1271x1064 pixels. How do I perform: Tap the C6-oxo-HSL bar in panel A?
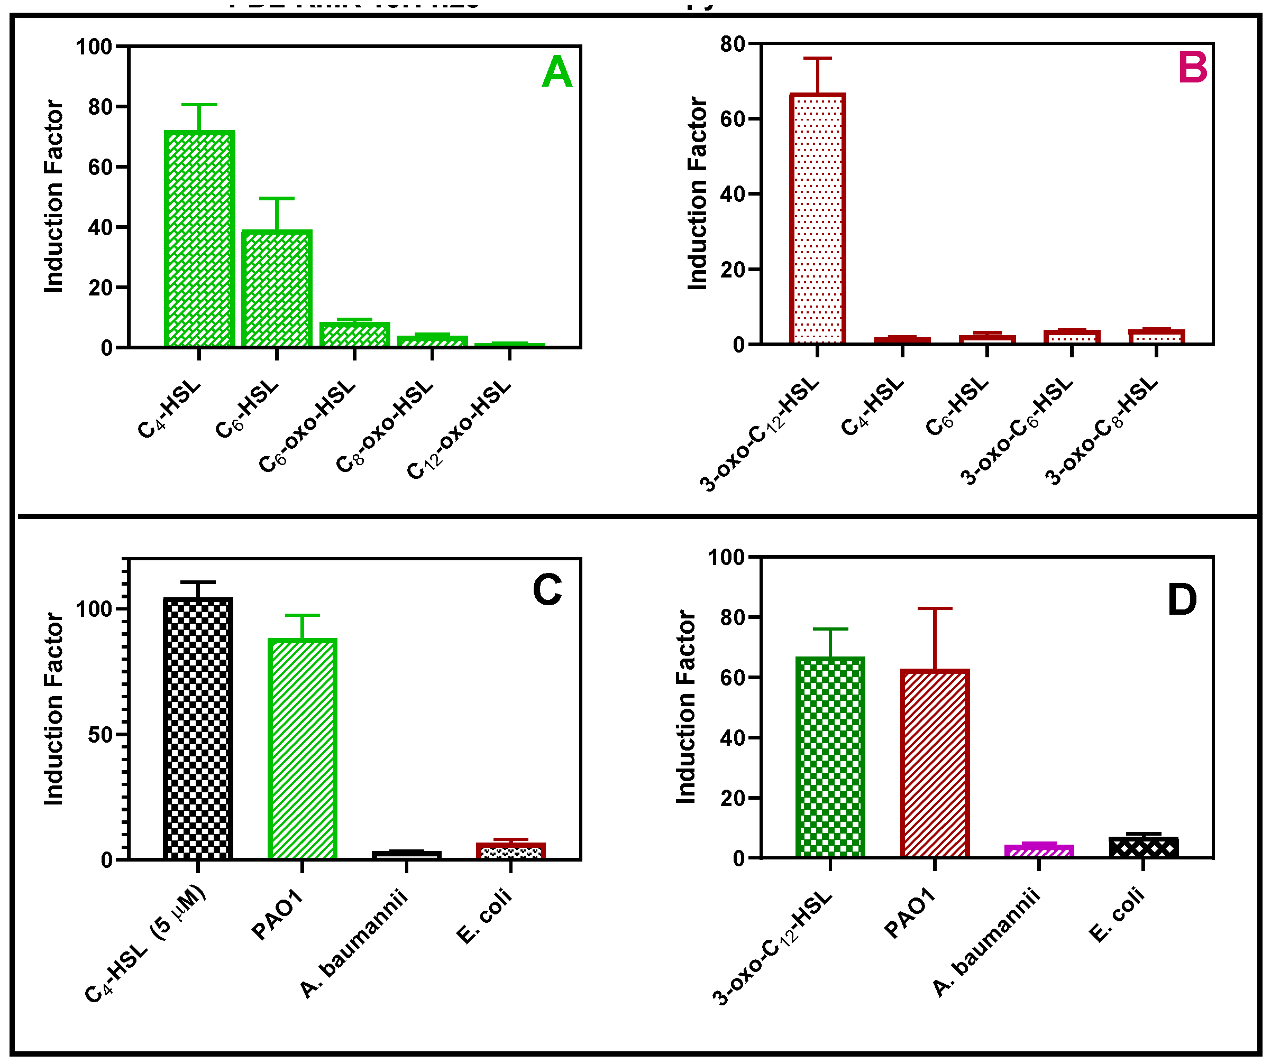355,335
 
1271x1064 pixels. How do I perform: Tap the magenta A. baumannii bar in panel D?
1039,850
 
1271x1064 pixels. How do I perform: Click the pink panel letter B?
1192,68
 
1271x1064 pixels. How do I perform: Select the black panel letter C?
546,590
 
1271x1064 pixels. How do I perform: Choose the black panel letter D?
1182,600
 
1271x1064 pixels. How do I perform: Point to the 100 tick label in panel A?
94,47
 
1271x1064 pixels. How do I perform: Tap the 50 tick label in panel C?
100,735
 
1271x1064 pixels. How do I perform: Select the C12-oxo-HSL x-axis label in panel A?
459,430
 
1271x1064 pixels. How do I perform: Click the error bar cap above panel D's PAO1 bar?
935,608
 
